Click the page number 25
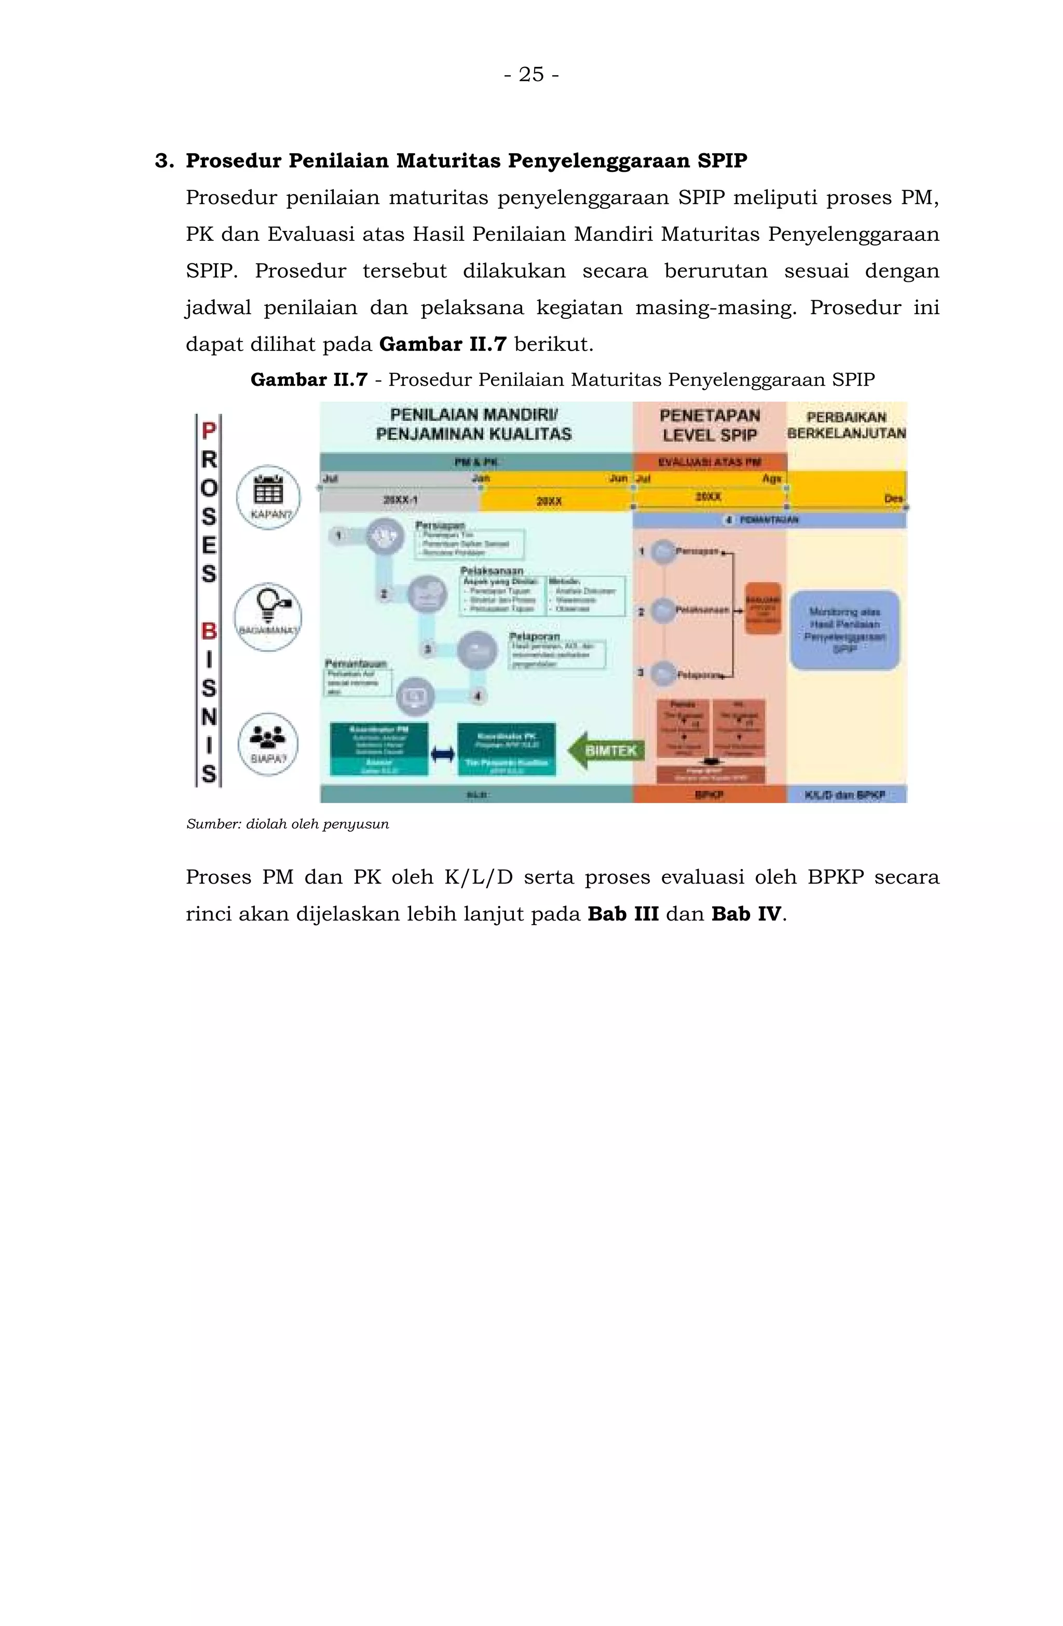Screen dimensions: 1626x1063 [x=531, y=74]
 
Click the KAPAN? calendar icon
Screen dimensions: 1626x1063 [x=268, y=491]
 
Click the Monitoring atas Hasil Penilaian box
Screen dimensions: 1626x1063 [x=844, y=629]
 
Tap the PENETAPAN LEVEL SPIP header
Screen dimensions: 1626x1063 [x=709, y=425]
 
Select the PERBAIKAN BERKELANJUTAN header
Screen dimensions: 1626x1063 [x=846, y=425]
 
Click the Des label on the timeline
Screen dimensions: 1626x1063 [x=893, y=499]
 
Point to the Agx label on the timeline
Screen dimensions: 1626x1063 [x=771, y=479]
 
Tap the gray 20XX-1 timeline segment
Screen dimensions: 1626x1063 [x=400, y=500]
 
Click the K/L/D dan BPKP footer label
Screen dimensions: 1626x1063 [x=845, y=794]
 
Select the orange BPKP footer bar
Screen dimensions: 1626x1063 [x=709, y=794]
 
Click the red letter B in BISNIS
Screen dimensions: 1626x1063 [x=208, y=631]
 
